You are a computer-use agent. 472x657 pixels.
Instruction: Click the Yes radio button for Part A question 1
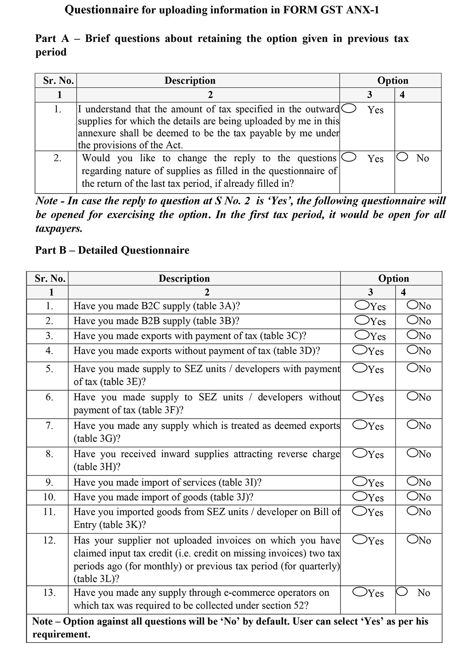(x=349, y=108)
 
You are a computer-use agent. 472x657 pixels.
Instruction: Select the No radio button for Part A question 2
(x=402, y=157)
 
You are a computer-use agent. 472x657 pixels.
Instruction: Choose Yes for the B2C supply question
(x=361, y=305)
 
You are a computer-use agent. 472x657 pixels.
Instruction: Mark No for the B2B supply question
(x=413, y=320)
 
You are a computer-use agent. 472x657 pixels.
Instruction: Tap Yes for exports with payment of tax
(x=361, y=335)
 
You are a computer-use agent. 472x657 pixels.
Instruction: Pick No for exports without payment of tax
(x=413, y=349)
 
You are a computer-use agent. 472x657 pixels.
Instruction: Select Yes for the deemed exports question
(x=360, y=424)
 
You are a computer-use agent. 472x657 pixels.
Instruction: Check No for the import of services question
(x=413, y=481)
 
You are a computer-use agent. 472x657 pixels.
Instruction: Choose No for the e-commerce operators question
(x=402, y=592)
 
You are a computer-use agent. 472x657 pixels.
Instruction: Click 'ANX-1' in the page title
(x=360, y=10)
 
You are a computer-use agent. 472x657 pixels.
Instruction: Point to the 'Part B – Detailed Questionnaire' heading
(x=112, y=250)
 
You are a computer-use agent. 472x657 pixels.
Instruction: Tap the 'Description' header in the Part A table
(x=190, y=81)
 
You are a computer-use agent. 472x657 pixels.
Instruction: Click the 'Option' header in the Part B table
(x=393, y=279)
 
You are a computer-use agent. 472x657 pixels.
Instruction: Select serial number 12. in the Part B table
(x=49, y=540)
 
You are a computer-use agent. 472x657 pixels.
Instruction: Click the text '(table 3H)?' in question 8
(x=97, y=467)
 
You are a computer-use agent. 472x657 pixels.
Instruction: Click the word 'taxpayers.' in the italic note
(x=59, y=229)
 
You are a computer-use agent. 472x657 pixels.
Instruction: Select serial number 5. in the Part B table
(x=49, y=369)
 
